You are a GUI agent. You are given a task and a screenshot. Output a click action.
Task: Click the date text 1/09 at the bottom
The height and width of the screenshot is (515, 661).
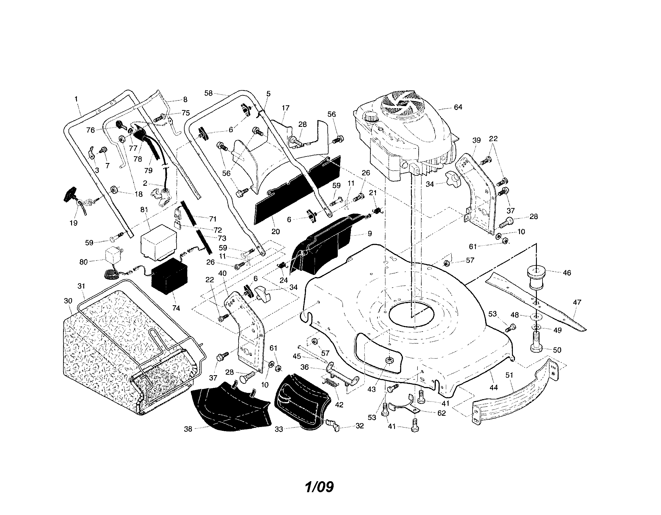click(319, 487)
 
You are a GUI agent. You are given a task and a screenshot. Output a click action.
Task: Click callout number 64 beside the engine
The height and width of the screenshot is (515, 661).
click(458, 107)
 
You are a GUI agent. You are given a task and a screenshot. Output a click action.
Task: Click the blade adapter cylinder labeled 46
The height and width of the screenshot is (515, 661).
click(536, 278)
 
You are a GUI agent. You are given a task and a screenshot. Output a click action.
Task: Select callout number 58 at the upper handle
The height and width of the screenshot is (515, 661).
click(209, 93)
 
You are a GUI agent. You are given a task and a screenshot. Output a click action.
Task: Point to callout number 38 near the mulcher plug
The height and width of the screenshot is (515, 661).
click(188, 429)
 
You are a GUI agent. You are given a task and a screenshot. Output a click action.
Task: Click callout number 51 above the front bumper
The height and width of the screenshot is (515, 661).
click(509, 375)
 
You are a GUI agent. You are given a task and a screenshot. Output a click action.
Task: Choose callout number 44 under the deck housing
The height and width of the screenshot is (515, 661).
click(494, 387)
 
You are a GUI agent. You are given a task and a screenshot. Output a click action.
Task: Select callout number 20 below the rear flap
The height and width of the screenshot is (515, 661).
click(276, 231)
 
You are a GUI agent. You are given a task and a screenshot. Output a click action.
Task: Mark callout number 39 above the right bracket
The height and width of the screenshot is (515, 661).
click(476, 140)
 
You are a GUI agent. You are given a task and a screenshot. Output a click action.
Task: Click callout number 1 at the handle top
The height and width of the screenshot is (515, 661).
click(76, 98)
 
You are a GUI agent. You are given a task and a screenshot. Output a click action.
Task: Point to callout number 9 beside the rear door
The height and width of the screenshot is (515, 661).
click(369, 233)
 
